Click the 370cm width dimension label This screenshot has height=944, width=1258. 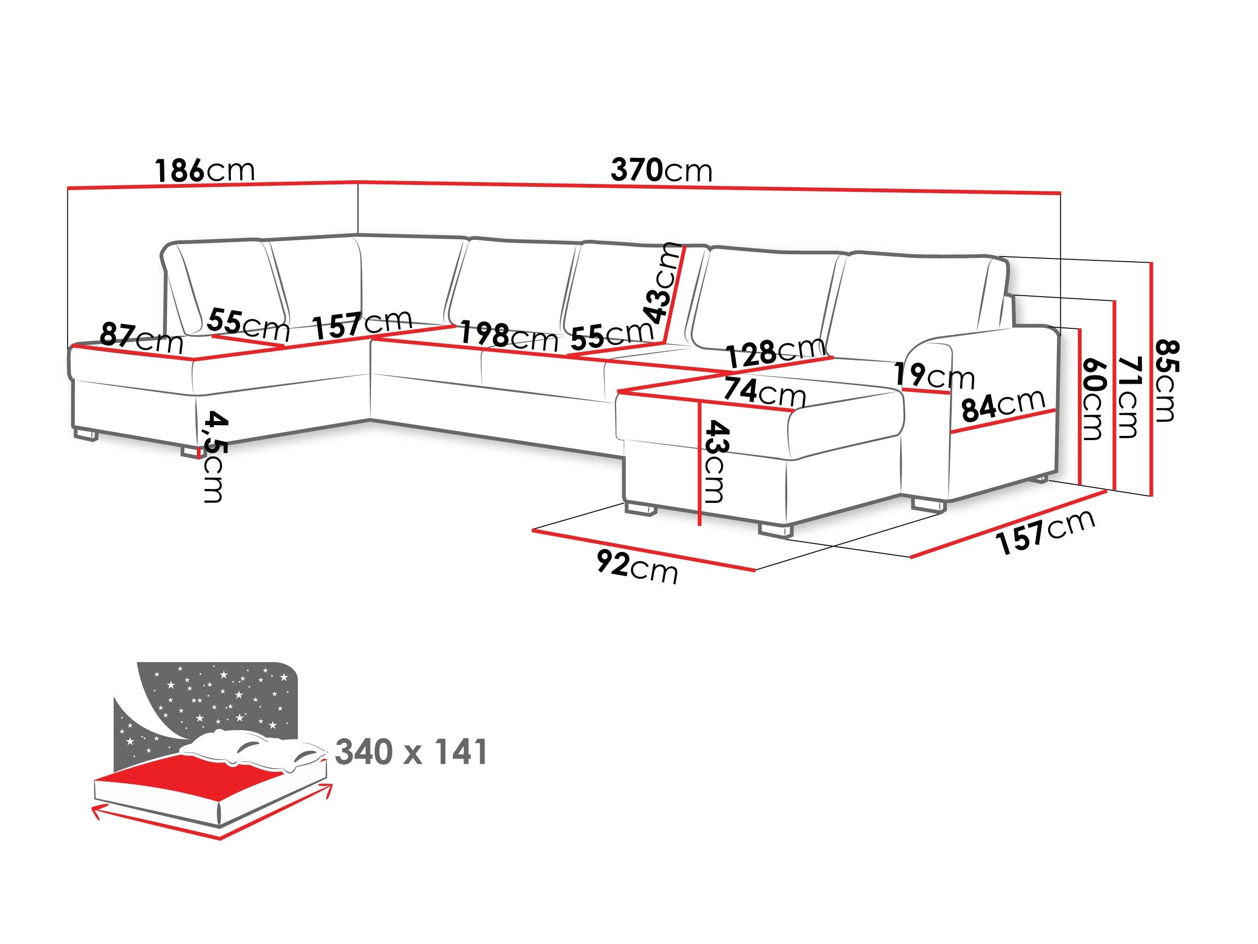(x=661, y=170)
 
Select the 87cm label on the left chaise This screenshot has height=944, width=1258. (x=141, y=338)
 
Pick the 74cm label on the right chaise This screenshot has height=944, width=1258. (x=764, y=392)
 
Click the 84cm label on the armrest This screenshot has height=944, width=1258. (x=1002, y=405)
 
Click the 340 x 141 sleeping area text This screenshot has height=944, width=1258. (x=411, y=752)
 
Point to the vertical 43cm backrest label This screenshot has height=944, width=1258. (x=661, y=282)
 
